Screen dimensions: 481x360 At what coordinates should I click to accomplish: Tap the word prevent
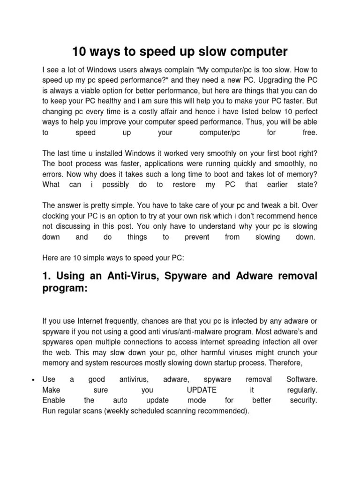[x=197, y=237]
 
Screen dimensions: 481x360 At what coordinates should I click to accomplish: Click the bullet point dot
[x=31, y=379]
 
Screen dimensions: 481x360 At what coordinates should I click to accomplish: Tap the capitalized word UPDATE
[x=201, y=390]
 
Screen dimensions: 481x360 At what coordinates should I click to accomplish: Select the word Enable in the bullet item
[x=54, y=401]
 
